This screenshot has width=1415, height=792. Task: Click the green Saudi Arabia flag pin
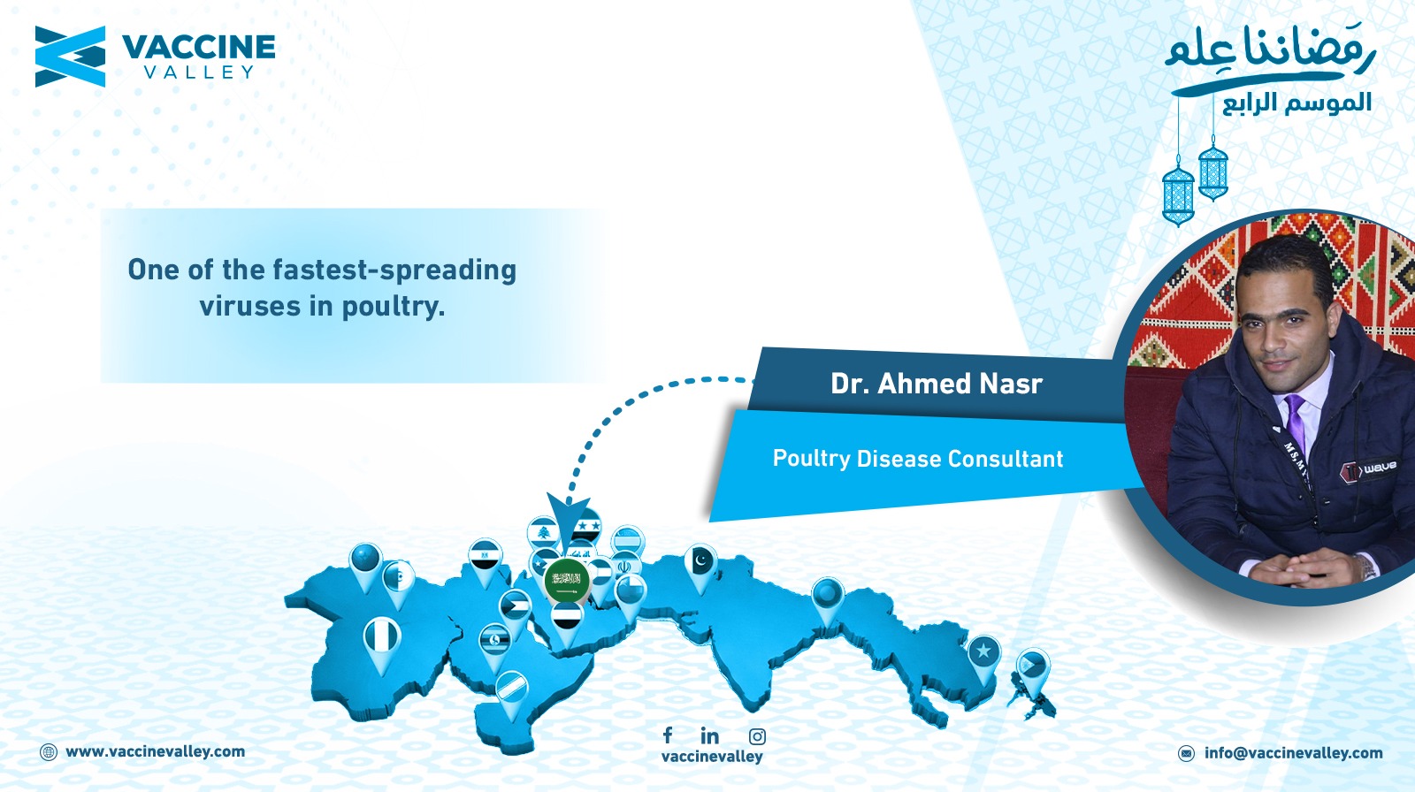[x=567, y=580]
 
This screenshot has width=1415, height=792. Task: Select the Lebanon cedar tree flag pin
[x=543, y=533]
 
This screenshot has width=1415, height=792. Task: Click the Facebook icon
[x=668, y=735]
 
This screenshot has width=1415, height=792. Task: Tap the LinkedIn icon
[x=709, y=735]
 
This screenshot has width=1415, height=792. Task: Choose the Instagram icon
[x=757, y=736]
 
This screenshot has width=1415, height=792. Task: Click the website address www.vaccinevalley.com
[x=155, y=751]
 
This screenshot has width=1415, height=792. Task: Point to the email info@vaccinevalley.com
[x=1293, y=753]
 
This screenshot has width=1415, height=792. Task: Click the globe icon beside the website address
[x=48, y=752]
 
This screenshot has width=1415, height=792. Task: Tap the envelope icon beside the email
[x=1186, y=753]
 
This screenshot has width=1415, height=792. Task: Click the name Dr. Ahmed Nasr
[x=937, y=384]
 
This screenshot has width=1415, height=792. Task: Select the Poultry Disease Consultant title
[x=918, y=459]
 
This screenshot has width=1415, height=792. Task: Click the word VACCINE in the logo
[x=198, y=47]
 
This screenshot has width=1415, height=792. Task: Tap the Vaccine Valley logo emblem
[x=70, y=57]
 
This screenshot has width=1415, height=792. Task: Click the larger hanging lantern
[x=1178, y=193]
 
